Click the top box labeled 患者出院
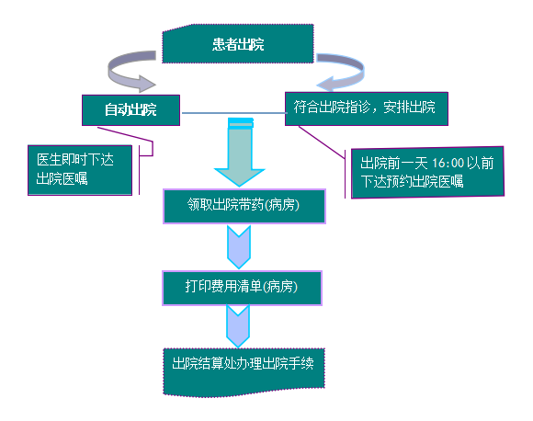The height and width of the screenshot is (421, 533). [x=238, y=43]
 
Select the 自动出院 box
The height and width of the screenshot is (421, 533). [x=130, y=109]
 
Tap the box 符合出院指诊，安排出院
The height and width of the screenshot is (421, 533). [x=367, y=108]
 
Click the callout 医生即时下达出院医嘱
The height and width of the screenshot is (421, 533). [x=80, y=170]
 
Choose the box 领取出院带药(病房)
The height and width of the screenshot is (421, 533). [x=244, y=206]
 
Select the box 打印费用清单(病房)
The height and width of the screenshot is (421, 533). [x=242, y=288]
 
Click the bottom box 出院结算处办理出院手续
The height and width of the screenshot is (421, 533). [x=244, y=372]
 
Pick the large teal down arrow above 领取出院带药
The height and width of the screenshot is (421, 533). [x=240, y=153]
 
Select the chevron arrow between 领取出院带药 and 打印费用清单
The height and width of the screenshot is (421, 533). [x=239, y=247]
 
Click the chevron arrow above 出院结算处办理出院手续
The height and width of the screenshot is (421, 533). [x=238, y=326]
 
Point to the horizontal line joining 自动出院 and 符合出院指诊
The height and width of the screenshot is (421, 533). [x=233, y=113]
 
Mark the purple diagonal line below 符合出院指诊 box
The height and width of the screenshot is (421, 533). [x=322, y=142]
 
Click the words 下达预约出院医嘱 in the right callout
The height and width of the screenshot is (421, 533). [x=412, y=181]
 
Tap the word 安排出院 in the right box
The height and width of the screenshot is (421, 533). [x=409, y=108]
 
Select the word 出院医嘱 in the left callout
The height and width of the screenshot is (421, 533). [x=62, y=178]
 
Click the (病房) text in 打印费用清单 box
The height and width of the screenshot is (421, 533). [x=280, y=287]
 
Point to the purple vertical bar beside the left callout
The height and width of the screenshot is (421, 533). [x=140, y=170]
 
